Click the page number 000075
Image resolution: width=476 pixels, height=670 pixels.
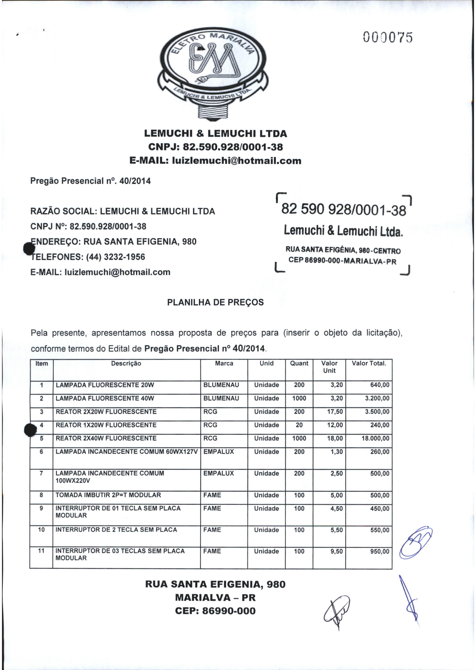click(388, 37)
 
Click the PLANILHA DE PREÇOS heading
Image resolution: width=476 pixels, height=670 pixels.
click(215, 302)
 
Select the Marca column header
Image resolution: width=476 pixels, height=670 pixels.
click(224, 364)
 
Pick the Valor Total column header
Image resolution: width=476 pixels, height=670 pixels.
click(369, 364)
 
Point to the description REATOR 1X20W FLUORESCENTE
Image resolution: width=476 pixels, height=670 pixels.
click(106, 425)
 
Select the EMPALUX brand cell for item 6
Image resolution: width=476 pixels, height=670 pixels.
click(219, 452)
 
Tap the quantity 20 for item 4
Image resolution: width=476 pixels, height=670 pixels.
click(299, 425)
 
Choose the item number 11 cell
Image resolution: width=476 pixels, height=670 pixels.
click(41, 551)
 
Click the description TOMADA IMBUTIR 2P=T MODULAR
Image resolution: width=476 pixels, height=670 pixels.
click(108, 495)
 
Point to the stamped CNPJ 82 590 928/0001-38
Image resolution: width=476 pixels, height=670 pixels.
click(343, 210)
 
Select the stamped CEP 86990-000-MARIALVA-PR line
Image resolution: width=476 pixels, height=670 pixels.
click(342, 261)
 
